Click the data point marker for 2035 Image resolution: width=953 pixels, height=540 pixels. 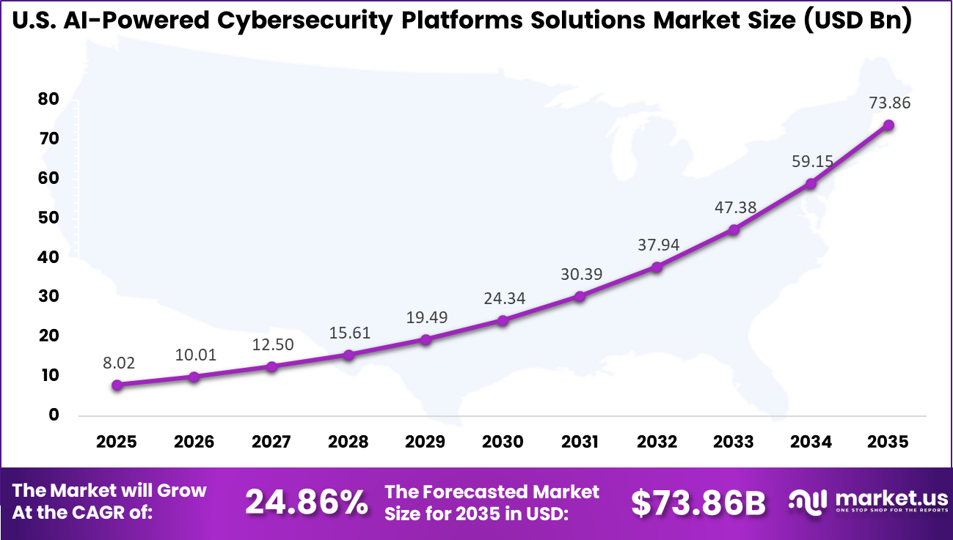888,125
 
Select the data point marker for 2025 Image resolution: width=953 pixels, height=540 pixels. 117,385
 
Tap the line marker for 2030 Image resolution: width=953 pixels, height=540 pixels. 503,320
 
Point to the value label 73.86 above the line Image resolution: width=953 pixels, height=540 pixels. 889,103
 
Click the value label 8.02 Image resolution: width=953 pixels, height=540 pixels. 117,363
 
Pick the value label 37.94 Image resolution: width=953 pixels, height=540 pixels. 657,244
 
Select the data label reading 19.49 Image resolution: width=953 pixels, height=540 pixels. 426,317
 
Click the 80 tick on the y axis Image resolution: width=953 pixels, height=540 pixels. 48,100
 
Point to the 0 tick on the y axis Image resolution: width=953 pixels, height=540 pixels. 53,415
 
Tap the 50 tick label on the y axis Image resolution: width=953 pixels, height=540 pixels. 48,218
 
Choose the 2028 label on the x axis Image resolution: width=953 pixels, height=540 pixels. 348,442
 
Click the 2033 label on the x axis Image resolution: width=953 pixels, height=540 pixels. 734,442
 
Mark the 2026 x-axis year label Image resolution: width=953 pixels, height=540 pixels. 194,442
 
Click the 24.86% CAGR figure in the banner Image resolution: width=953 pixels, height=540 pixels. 306,503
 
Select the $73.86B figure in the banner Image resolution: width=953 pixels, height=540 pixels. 698,503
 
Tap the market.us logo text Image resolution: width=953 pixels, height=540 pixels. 887,499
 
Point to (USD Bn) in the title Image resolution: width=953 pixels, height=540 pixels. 858,21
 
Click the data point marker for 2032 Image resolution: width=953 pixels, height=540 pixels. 657,267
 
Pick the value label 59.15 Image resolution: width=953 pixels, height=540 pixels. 811,160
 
